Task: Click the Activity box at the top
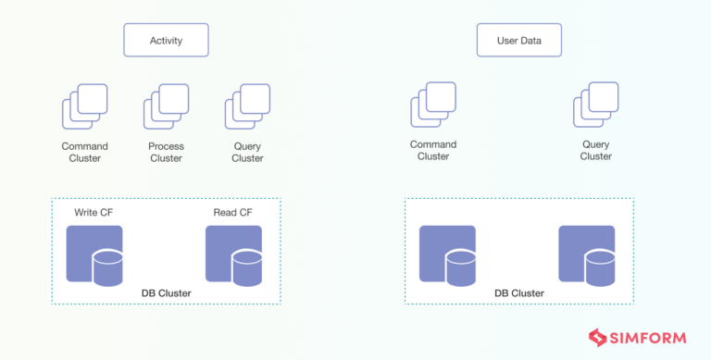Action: coord(167,41)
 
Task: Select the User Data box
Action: coord(519,41)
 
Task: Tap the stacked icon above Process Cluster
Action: coord(166,106)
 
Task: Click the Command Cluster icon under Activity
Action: coord(85,106)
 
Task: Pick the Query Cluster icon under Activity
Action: coord(247,106)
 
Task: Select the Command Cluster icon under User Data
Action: coord(433,105)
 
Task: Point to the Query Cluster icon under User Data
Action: coord(595,105)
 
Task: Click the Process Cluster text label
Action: coord(166,152)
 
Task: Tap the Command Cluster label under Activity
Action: coord(85,152)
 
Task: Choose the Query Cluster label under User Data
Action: coord(595,150)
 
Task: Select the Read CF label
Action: coord(232,213)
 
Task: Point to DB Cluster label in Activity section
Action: coord(167,293)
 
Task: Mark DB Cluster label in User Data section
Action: coord(519,293)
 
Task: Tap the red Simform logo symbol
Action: coord(599,338)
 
